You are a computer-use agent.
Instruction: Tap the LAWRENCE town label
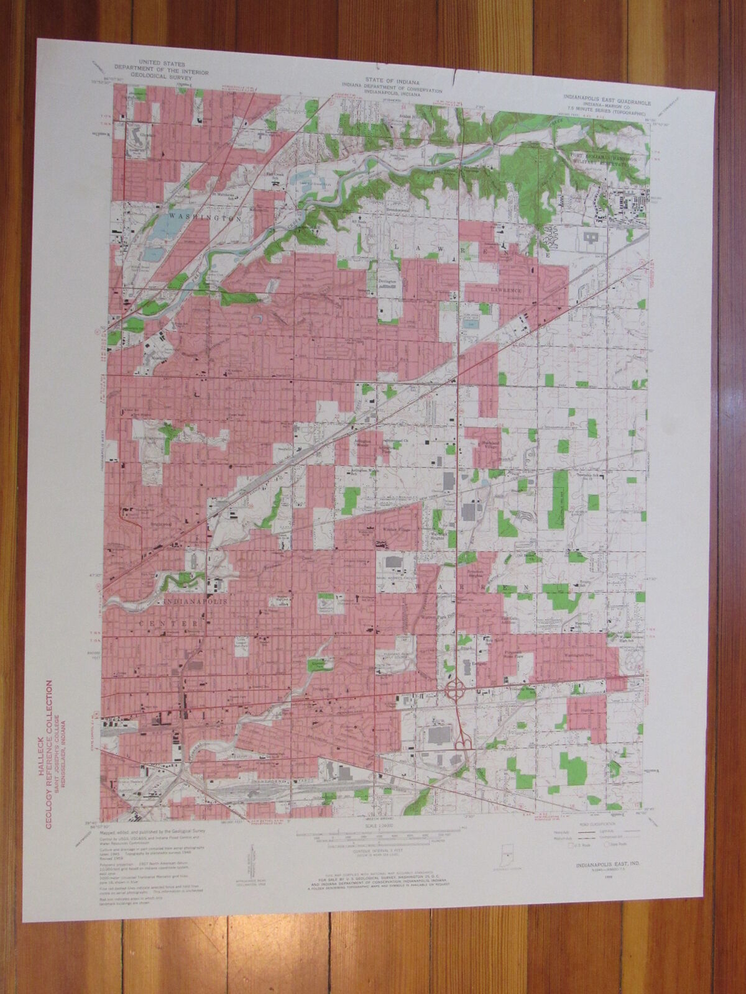[502, 290]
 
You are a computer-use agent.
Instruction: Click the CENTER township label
[182, 622]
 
